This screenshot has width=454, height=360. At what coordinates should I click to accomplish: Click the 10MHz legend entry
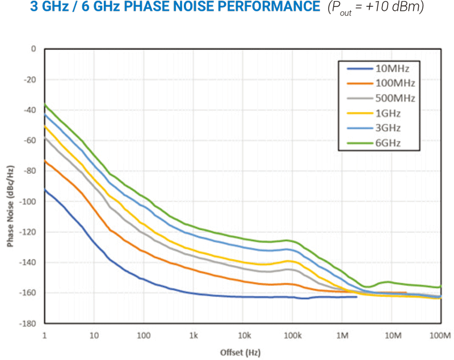[x=392, y=69]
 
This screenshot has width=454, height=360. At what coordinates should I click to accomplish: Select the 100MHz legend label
[x=395, y=83]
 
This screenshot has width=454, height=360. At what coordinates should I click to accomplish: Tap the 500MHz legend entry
[x=395, y=98]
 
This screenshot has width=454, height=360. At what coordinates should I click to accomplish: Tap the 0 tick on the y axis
[x=33, y=49]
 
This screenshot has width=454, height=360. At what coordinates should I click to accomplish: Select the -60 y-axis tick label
[x=30, y=141]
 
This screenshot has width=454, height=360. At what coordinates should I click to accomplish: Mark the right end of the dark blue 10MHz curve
[x=356, y=297]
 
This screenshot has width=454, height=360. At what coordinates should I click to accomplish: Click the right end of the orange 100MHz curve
[x=406, y=292]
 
